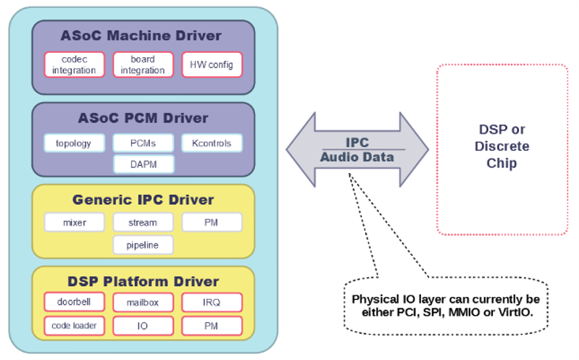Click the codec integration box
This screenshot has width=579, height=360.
74,64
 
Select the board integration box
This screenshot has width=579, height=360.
143,64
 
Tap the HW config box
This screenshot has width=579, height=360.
212,64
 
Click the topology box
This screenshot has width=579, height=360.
74,143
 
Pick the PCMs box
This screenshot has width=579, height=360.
143,143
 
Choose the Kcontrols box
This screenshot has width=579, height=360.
212,143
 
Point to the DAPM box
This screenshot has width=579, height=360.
143,164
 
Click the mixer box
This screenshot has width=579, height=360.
74,222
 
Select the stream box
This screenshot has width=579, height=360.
143,222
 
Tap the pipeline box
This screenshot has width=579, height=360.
143,245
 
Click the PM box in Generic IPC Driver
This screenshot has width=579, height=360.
212,222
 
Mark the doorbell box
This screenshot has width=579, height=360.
74,302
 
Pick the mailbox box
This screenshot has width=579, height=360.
143,302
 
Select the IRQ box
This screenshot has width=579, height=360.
212,302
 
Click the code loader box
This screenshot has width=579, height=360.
74,325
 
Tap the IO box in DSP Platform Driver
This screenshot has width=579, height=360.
143,325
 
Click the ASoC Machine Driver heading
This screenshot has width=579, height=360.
143,35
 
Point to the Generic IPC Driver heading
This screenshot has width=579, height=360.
143,199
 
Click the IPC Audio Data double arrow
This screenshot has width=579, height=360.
357,150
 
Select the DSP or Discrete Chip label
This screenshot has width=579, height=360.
501,146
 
